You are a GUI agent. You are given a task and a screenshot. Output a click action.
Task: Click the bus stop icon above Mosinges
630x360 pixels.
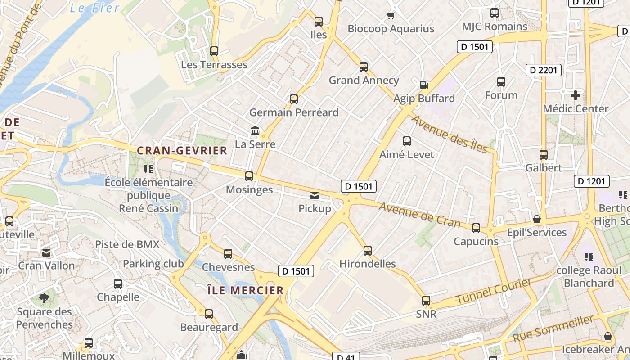(249, 176)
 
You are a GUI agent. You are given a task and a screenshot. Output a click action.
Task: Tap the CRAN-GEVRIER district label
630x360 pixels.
(182, 151)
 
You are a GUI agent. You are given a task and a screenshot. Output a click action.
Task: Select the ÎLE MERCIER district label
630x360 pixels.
(246, 290)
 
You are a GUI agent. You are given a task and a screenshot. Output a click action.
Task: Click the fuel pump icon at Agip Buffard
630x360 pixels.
(424, 85)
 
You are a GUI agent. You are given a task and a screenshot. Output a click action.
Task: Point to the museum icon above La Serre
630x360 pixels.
(255, 131)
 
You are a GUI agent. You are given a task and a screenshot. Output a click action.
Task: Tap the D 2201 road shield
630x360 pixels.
(544, 70)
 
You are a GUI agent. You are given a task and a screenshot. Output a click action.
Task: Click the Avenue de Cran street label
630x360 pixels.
(419, 215)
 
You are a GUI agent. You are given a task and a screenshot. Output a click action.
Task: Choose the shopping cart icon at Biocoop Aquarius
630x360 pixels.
(391, 16)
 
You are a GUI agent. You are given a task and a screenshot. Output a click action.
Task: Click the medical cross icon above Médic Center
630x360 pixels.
(575, 95)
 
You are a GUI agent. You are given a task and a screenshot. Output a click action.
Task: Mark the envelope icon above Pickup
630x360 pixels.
(315, 196)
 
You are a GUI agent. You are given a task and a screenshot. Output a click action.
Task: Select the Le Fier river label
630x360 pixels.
(95, 8)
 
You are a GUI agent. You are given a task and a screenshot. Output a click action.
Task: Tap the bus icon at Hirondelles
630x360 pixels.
(368, 251)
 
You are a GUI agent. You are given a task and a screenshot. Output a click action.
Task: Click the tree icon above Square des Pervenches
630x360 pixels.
(44, 298)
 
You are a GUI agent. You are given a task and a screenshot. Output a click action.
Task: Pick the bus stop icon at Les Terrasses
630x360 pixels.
(214, 51)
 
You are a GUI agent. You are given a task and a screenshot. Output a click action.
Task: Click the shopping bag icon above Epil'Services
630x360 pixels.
(536, 220)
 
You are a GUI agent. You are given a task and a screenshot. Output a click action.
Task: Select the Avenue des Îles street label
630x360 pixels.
(449, 134)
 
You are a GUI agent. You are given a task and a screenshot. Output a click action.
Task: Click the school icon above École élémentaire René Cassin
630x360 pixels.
(148, 169)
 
